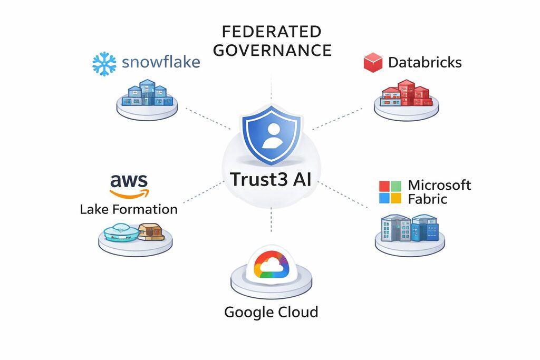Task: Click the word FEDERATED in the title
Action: (x=272, y=31)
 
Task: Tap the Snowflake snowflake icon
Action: (x=104, y=63)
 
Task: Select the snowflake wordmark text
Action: (x=161, y=63)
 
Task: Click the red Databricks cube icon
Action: (x=373, y=63)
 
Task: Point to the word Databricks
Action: (x=425, y=63)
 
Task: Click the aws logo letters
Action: (x=129, y=181)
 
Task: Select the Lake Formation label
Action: (x=129, y=209)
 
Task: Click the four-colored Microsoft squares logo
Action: (x=390, y=192)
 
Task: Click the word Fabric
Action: (x=428, y=199)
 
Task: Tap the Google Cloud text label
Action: (x=271, y=312)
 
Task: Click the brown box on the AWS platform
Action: (x=150, y=231)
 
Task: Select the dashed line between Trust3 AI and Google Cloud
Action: (x=271, y=219)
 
